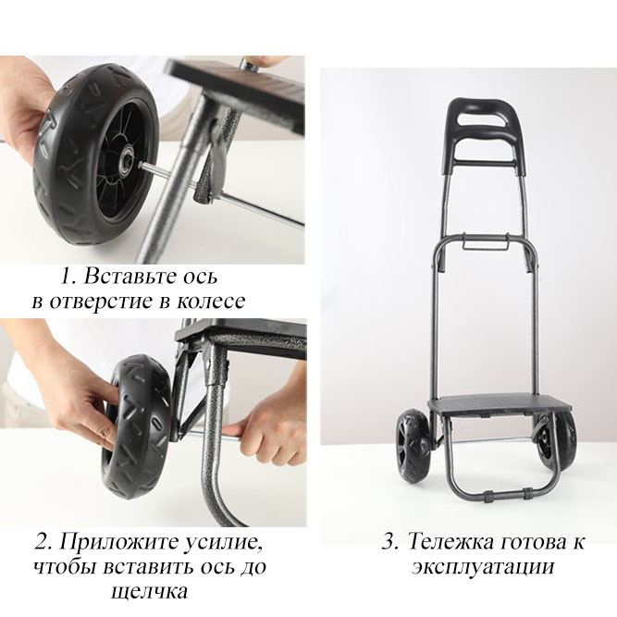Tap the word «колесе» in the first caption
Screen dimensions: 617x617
[211, 301]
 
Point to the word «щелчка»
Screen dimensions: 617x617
[150, 591]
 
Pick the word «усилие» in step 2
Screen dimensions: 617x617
[223, 543]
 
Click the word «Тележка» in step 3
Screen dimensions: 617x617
[450, 541]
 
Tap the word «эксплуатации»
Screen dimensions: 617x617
[484, 567]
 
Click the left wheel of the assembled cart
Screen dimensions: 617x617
[414, 446]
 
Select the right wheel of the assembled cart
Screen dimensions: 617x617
[559, 442]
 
